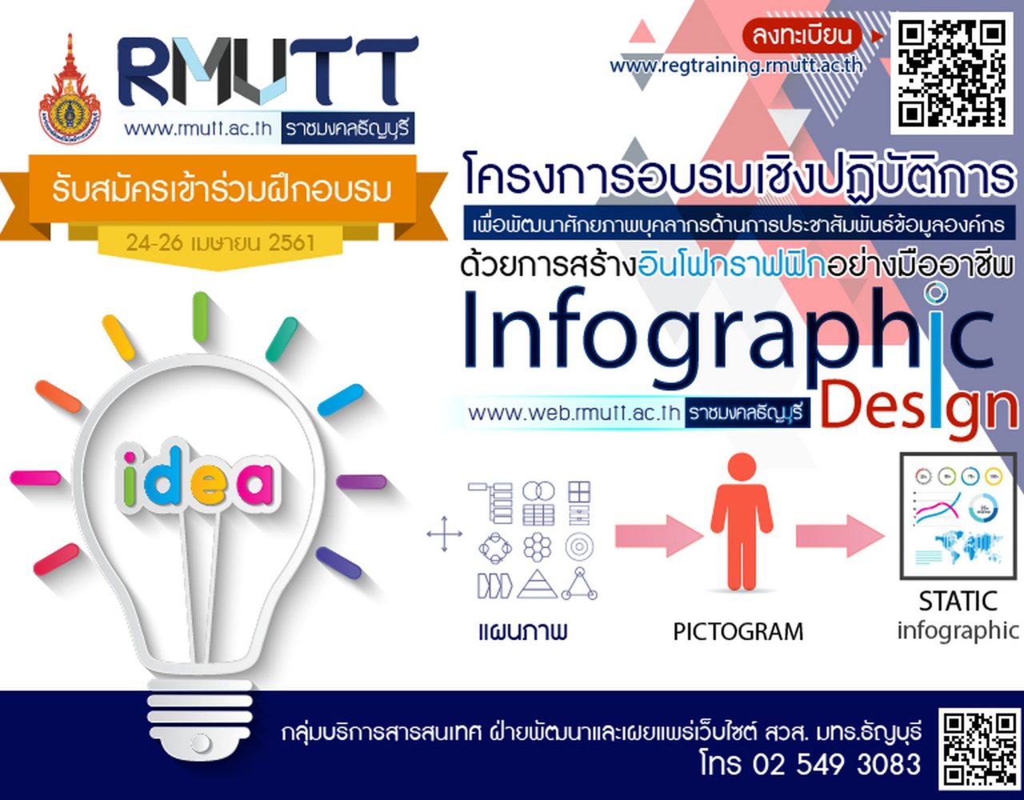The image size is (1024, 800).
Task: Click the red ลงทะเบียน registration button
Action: pos(802,36)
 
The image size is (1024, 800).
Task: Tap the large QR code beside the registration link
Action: pos(952,74)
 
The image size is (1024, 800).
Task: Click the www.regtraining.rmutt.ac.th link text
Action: pos(737,66)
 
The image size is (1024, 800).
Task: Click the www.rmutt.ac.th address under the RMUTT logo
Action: pos(198,128)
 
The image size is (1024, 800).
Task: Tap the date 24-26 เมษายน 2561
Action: pos(220,242)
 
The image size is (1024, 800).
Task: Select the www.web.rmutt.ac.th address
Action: pos(574,413)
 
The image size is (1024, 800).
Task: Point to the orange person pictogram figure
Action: pos(742,520)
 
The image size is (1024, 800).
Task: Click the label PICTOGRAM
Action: pos(738,632)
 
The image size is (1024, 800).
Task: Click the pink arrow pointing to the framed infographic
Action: pos(840,536)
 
